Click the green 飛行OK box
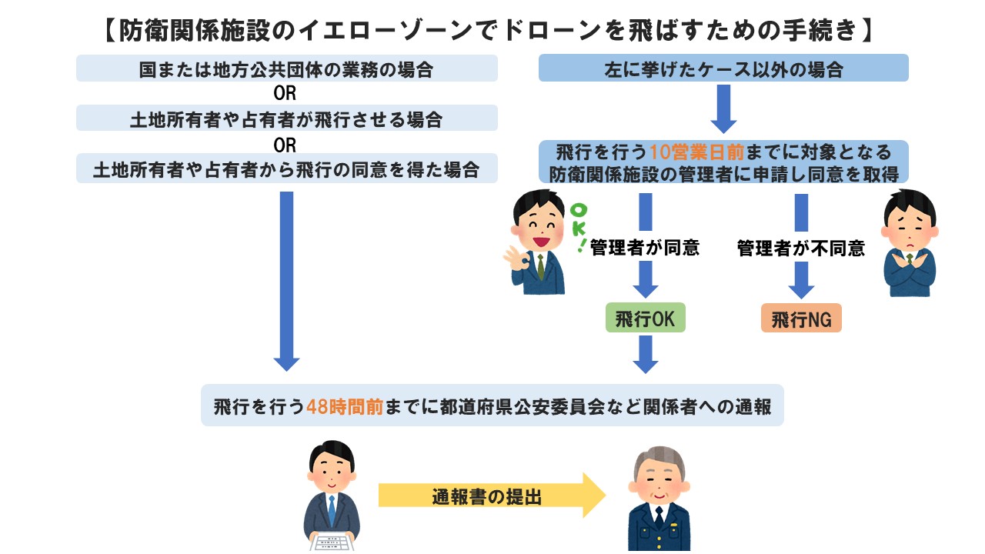pos(645,319)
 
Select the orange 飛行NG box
pos(801,319)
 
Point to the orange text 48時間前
pos(345,406)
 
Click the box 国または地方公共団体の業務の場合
pos(286,69)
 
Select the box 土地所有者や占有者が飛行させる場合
pos(286,118)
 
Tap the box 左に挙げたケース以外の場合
pos(723,69)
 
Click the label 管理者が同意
pos(645,247)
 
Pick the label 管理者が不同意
pos(801,248)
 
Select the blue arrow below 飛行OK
pos(645,355)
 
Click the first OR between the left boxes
pos(285,94)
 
